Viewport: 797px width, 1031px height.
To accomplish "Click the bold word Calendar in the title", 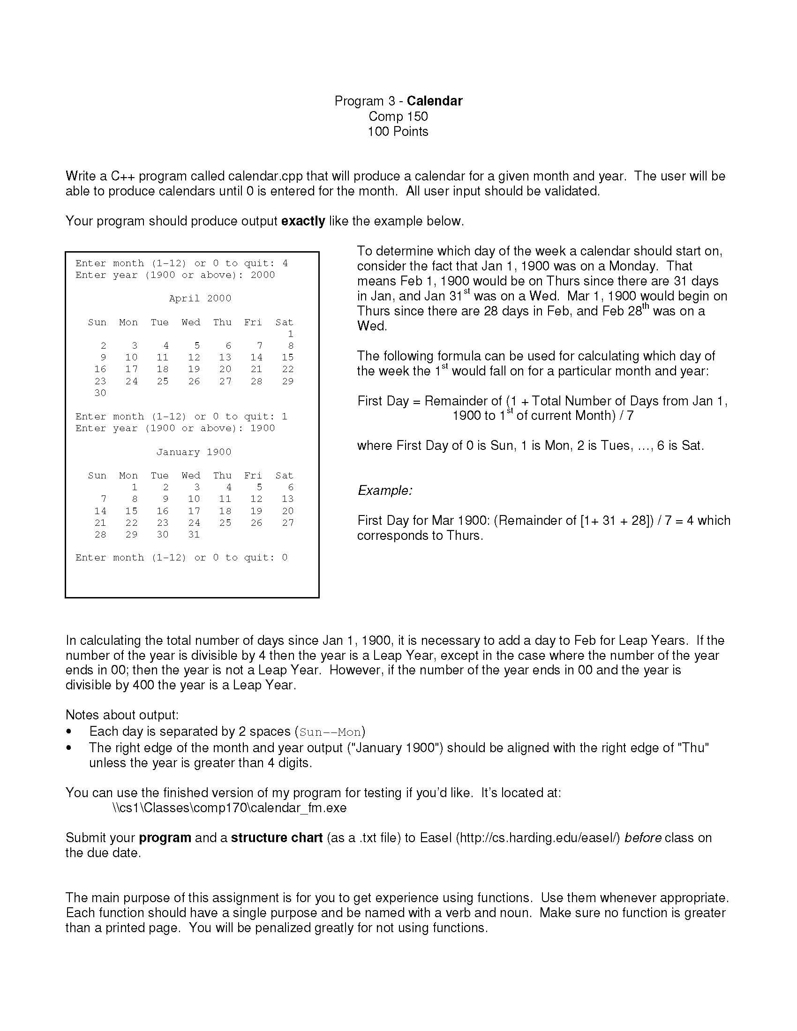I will click(435, 101).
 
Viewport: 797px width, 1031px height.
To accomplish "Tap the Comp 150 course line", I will click(398, 116).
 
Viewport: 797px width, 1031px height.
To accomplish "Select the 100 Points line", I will click(398, 131).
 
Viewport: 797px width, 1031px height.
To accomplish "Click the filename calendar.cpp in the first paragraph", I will click(265, 176).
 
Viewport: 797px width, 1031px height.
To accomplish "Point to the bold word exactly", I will click(303, 221).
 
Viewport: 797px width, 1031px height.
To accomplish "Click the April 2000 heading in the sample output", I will click(200, 299).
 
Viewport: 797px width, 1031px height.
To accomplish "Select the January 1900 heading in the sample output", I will click(194, 452).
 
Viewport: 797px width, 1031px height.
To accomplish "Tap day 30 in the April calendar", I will click(100, 393).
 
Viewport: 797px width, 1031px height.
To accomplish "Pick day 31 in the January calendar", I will click(194, 534).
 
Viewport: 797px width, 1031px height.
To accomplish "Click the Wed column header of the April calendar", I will click(191, 322).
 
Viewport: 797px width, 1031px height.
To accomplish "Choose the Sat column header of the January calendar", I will click(284, 475).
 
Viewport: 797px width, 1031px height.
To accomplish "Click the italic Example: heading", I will click(385, 491).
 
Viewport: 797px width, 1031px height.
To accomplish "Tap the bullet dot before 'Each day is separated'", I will click(69, 732).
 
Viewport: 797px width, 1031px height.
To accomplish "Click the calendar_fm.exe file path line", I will click(229, 808).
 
